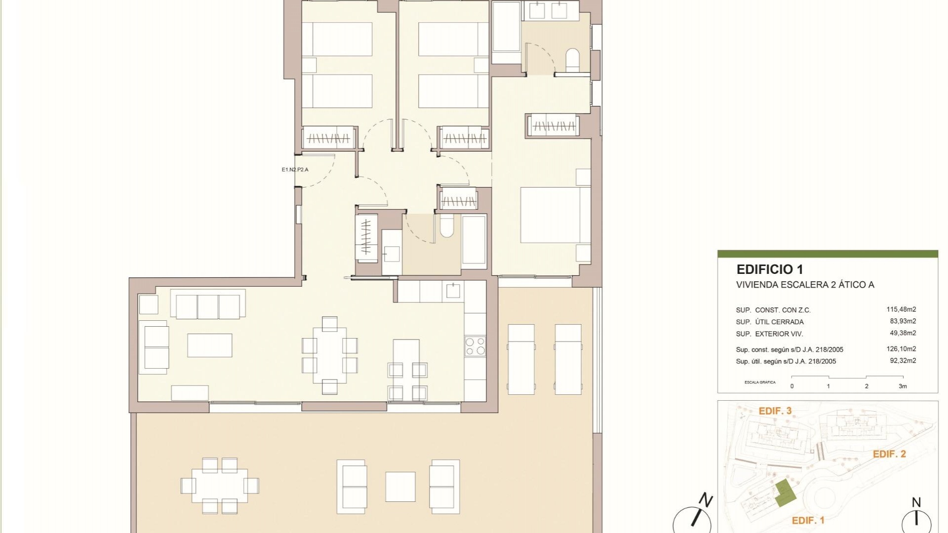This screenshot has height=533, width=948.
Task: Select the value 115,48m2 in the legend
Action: [x=901, y=309]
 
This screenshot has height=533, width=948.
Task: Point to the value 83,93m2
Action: [x=903, y=321]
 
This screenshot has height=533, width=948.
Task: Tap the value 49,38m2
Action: [x=903, y=333]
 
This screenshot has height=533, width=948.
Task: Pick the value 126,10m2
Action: [x=901, y=349]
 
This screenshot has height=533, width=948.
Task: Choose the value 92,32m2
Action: [x=903, y=361]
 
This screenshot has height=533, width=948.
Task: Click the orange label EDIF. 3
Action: [x=775, y=411]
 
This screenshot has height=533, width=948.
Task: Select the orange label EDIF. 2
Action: [x=889, y=454]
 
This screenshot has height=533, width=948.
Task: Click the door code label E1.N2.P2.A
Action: [x=295, y=170]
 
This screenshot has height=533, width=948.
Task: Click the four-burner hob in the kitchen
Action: [x=475, y=346]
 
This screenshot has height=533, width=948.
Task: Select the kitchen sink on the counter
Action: [x=453, y=291]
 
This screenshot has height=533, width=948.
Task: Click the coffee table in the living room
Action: [x=209, y=345]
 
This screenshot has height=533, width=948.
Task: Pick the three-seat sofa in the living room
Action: [x=207, y=305]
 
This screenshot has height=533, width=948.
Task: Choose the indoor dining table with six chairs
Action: [x=329, y=355]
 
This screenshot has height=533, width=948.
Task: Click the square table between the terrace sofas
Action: [x=400, y=487]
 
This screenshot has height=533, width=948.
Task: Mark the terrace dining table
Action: [x=220, y=486]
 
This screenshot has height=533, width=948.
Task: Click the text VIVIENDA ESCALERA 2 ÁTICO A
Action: [x=805, y=285]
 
